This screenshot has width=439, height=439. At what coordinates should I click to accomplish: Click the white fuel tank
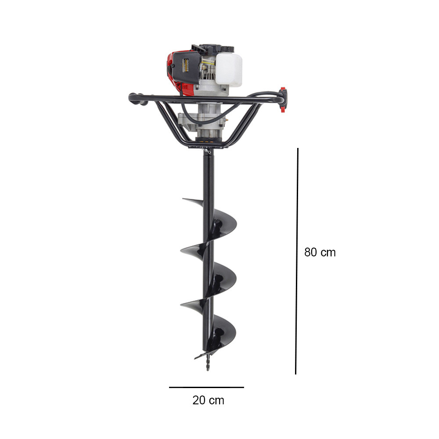[x=228, y=69]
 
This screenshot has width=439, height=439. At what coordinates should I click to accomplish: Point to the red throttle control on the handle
[x=283, y=100]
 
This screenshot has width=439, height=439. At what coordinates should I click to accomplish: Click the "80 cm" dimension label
[x=320, y=252]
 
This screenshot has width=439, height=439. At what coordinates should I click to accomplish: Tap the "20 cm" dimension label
[x=208, y=400]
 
